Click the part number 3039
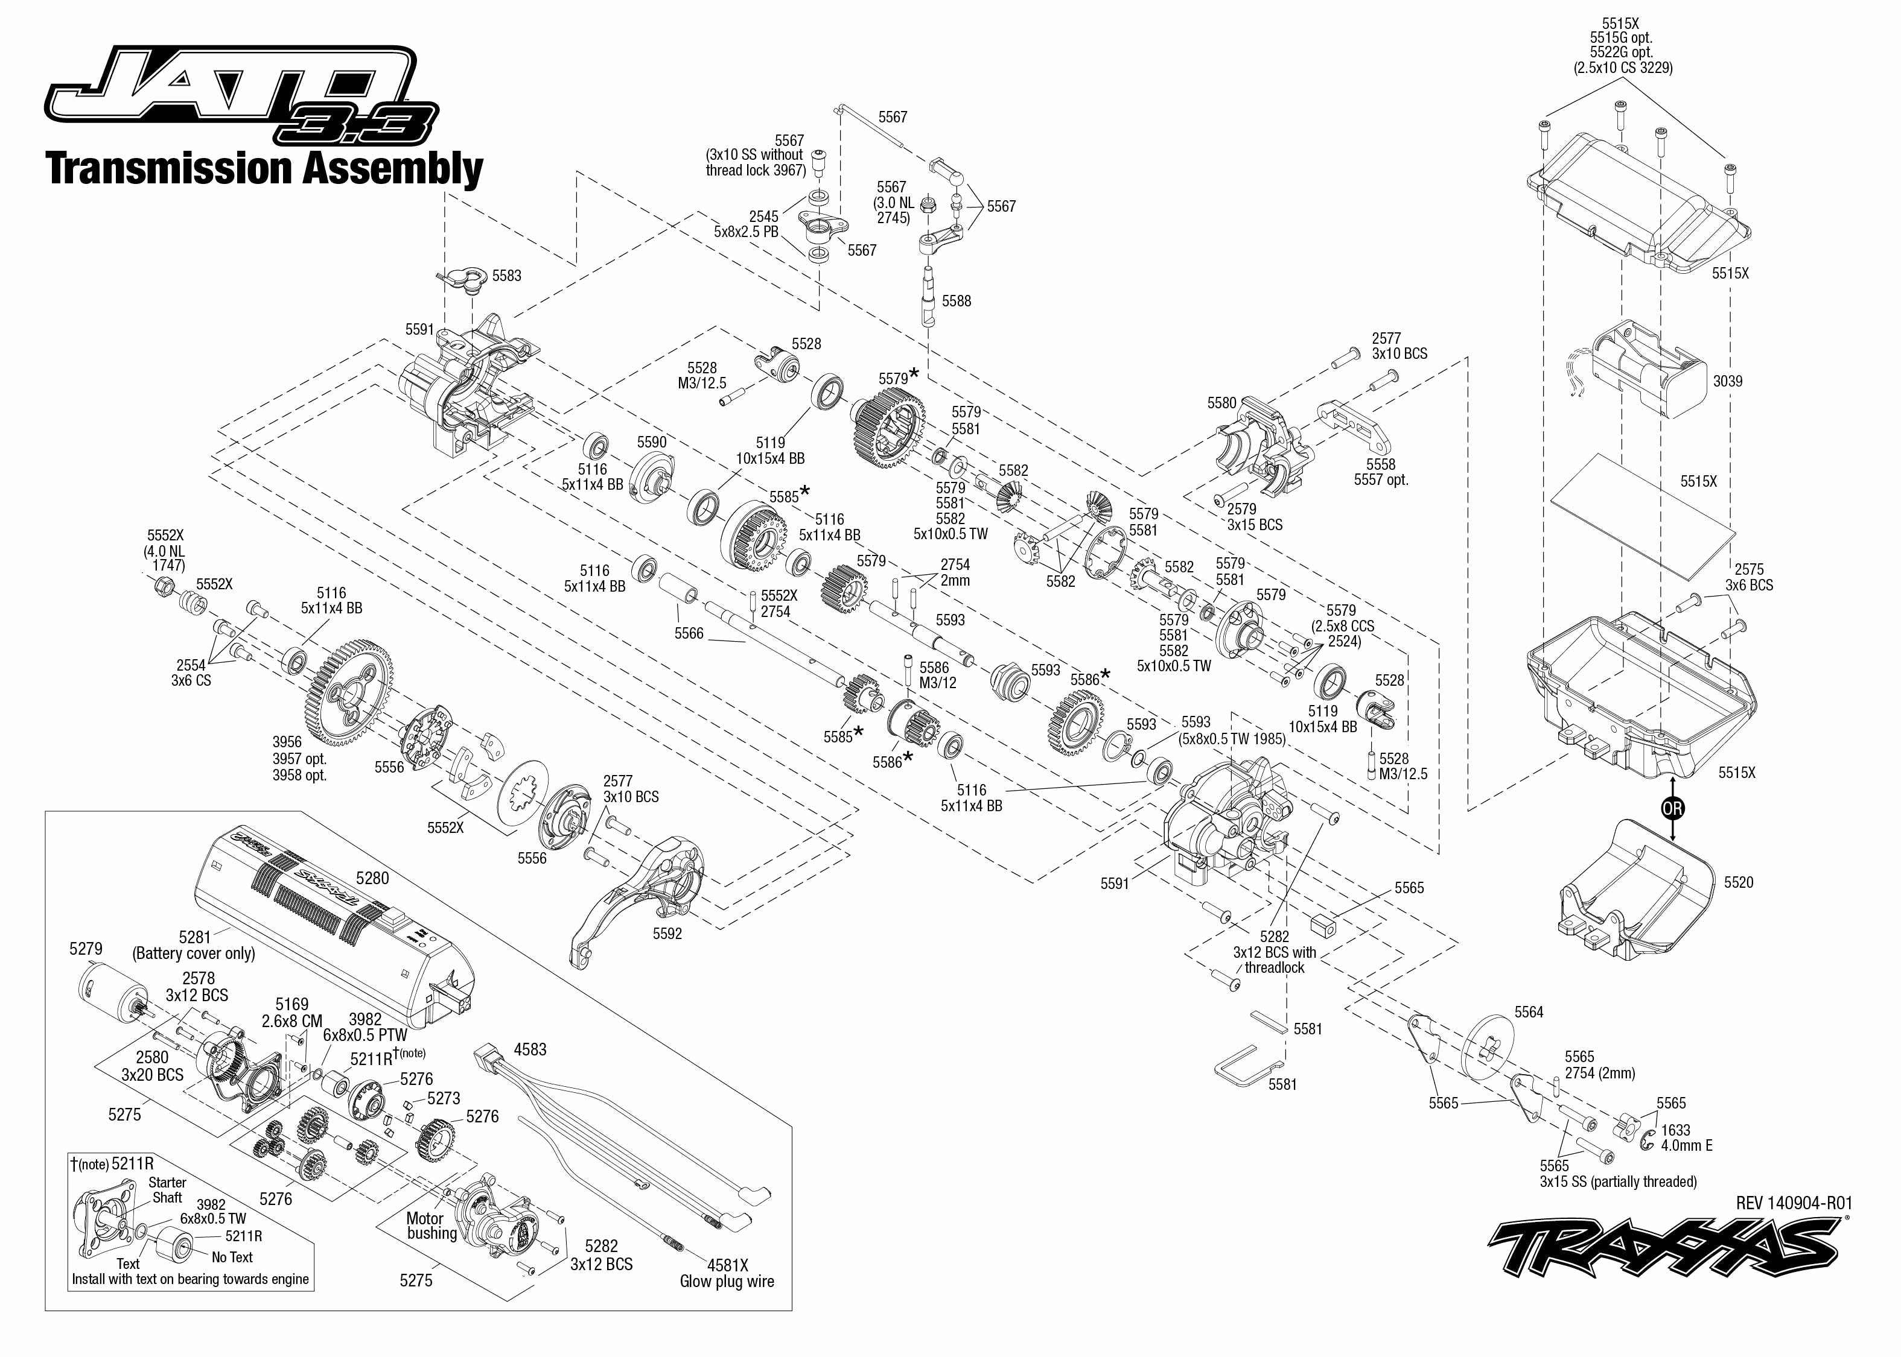(1727, 381)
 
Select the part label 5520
(1738, 882)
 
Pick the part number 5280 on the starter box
(372, 878)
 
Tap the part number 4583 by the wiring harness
(530, 1049)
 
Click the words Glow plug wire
(727, 1281)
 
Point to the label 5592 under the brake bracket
(667, 934)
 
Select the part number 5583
(506, 276)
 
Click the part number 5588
(957, 301)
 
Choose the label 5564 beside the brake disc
(1529, 1012)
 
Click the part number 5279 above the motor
(86, 949)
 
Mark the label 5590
(651, 442)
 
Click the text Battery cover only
(193, 954)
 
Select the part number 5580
(1221, 403)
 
